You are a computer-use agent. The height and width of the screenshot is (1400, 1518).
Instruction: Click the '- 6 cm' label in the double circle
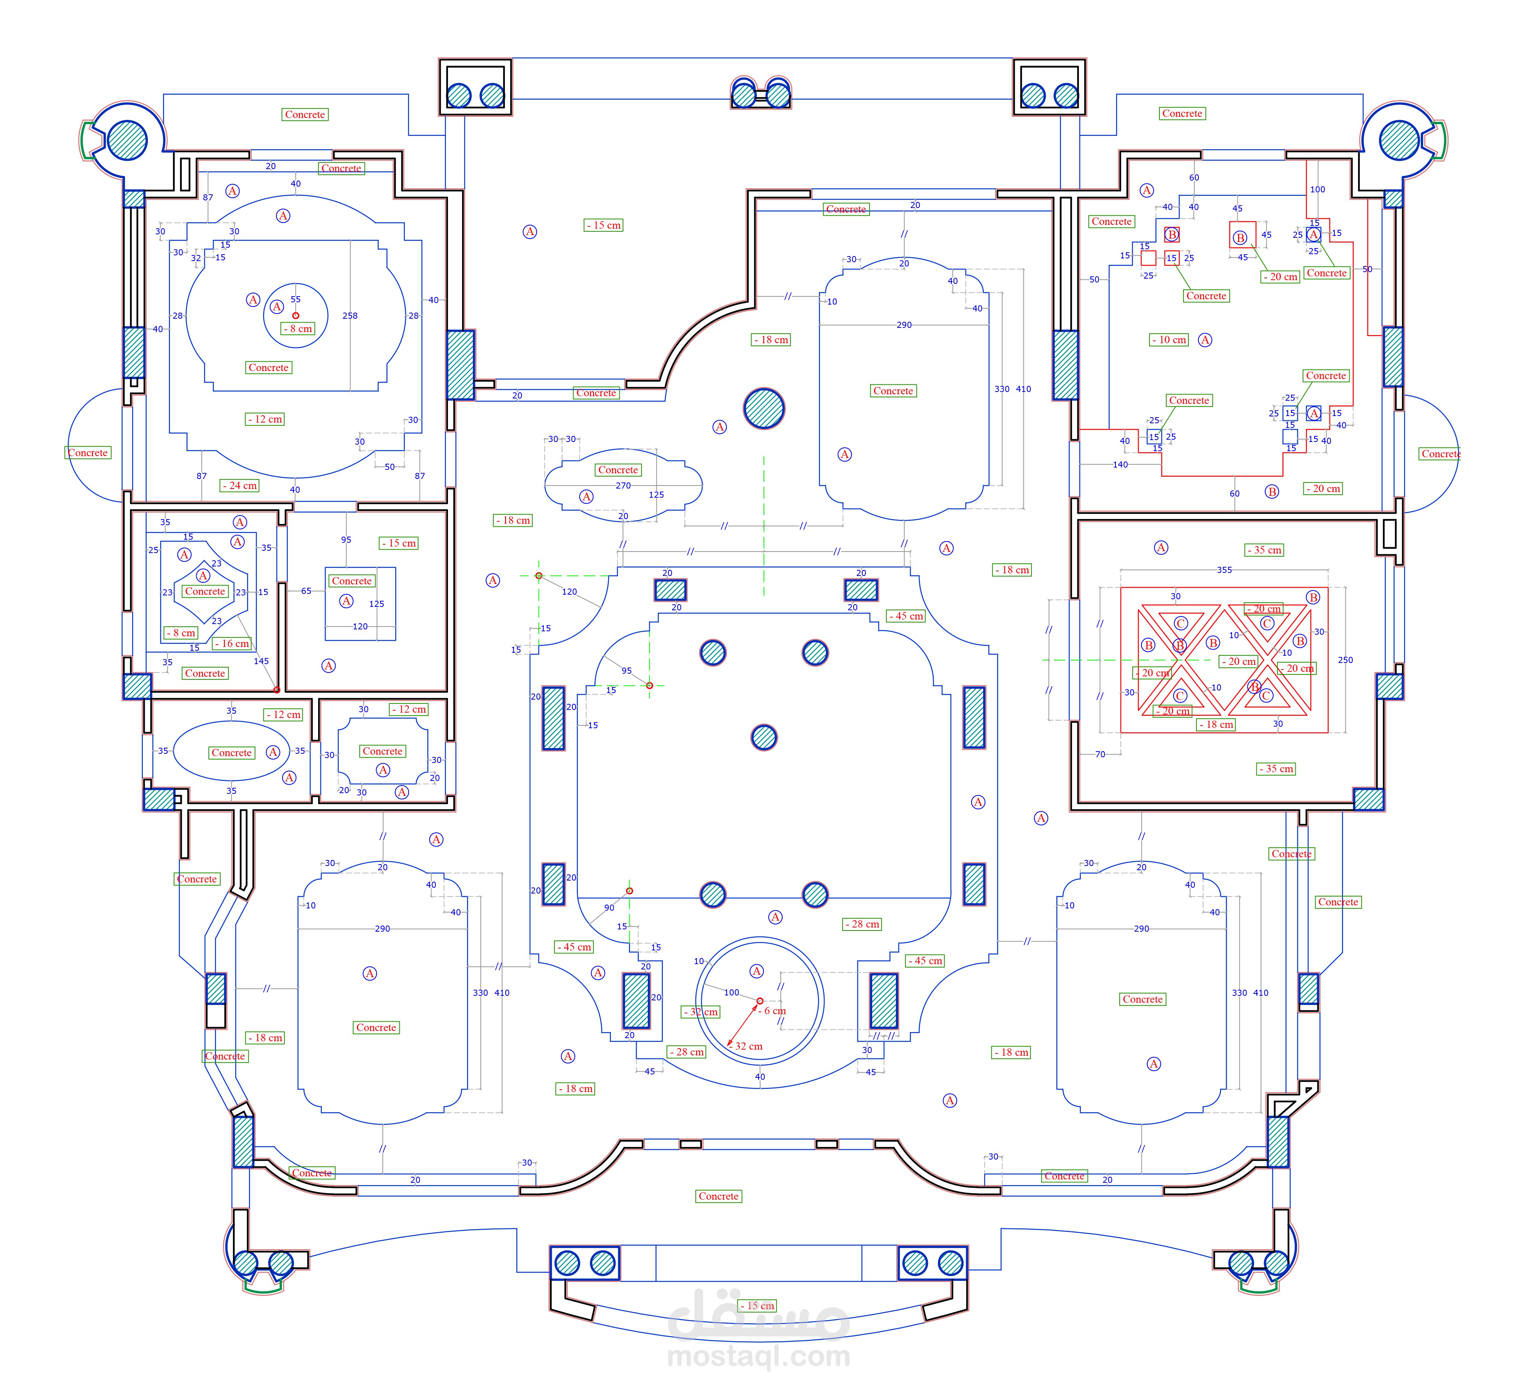772,1011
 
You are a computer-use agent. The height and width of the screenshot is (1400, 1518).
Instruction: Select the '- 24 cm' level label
239,485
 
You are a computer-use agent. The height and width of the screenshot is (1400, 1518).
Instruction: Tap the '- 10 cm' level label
1169,339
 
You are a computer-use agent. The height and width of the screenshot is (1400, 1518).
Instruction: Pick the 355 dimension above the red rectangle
1224,570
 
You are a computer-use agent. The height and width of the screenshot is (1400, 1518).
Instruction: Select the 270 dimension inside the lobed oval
623,485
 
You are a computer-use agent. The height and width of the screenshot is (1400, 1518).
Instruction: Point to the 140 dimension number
1120,465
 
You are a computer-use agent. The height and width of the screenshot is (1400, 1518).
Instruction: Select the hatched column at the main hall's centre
764,737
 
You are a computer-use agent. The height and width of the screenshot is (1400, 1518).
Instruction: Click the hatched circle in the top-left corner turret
126,139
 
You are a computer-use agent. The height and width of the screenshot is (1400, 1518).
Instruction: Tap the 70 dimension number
1100,754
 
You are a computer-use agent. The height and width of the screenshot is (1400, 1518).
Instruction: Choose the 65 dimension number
306,591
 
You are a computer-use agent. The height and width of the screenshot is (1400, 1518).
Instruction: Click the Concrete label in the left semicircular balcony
88,452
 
